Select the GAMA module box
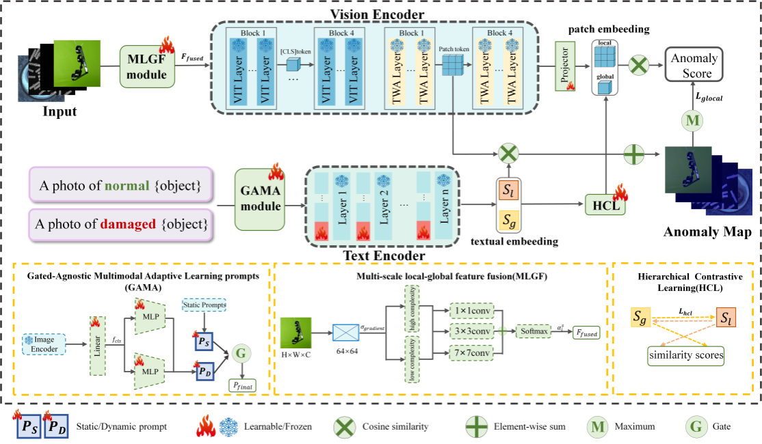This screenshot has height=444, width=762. tap(260, 199)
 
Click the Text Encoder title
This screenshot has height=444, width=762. tap(373, 256)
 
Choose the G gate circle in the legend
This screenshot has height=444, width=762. tap(696, 427)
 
